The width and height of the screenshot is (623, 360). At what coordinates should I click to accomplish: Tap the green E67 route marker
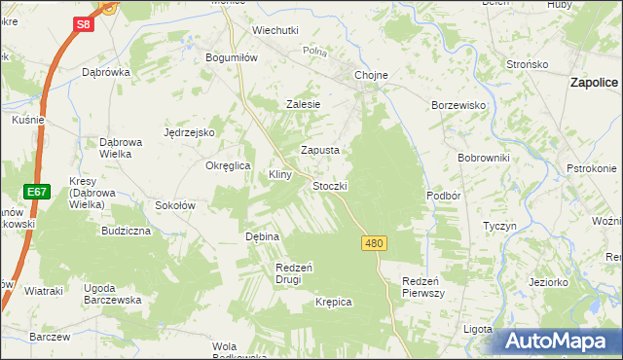click(x=37, y=192)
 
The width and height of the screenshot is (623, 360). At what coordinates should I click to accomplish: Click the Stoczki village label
click(x=330, y=185)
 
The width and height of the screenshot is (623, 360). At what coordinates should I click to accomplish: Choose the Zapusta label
click(x=319, y=151)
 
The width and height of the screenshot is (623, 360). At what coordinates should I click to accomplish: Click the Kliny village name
click(x=280, y=174)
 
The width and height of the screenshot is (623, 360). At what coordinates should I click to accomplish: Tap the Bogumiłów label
click(x=231, y=57)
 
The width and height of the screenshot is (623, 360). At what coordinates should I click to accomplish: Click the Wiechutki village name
click(x=275, y=30)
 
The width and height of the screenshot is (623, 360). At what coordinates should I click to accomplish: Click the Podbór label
click(x=442, y=195)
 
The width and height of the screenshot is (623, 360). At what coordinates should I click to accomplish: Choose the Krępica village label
click(x=333, y=303)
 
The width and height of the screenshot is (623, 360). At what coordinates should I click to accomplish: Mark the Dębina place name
click(x=262, y=236)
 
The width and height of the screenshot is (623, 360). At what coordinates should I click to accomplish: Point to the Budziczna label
click(x=126, y=232)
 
